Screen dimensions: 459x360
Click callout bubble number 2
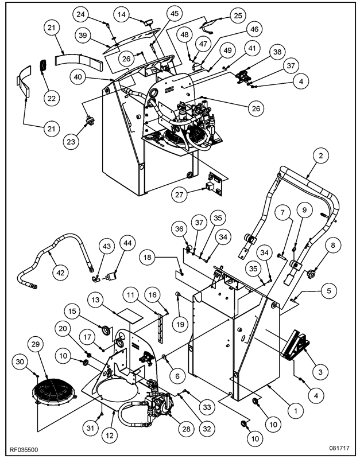pos(321,155)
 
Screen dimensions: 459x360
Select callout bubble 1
pos(295,410)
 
